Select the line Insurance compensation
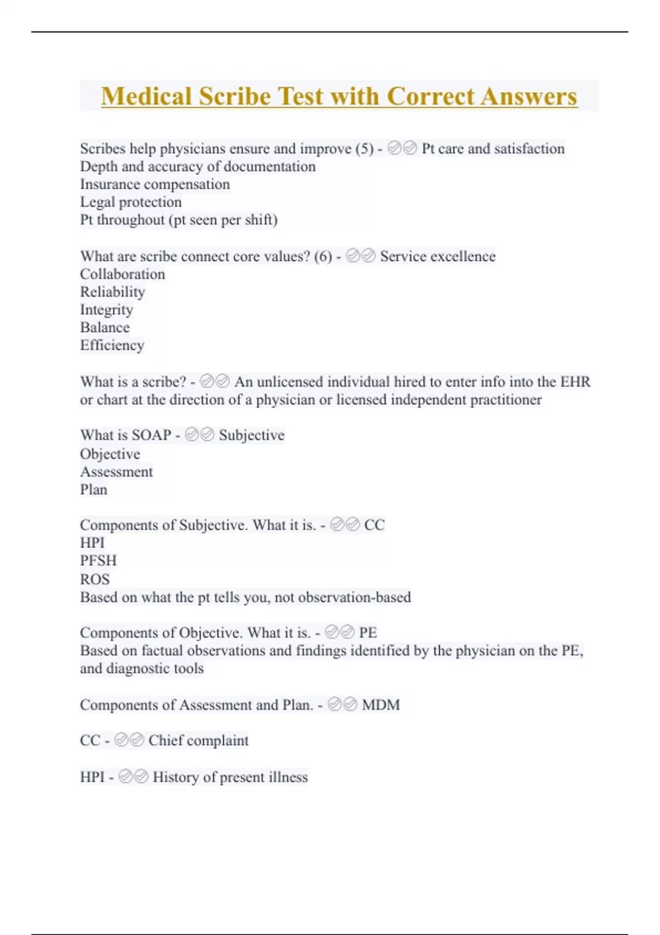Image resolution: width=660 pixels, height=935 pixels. (155, 184)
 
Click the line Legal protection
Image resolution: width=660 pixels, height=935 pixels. (131, 202)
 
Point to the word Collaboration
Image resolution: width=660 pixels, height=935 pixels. (123, 274)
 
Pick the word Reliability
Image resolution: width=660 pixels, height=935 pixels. (113, 292)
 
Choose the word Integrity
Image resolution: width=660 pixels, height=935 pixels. (107, 310)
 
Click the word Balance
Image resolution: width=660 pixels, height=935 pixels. (105, 327)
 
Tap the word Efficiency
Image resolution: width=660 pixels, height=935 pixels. (112, 345)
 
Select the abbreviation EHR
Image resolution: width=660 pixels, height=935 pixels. (575, 382)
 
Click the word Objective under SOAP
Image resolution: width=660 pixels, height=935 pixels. (110, 454)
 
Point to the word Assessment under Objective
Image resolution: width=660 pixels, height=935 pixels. (117, 472)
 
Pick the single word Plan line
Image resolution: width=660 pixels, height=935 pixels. (94, 490)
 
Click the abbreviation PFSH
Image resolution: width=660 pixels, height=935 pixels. (98, 560)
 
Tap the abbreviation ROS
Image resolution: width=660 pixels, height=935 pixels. (95, 579)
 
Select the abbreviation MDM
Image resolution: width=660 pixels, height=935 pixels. (381, 705)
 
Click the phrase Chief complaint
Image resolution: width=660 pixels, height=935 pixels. (199, 740)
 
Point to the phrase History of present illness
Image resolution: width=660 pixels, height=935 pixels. (230, 777)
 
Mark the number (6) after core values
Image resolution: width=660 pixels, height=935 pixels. (323, 256)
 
